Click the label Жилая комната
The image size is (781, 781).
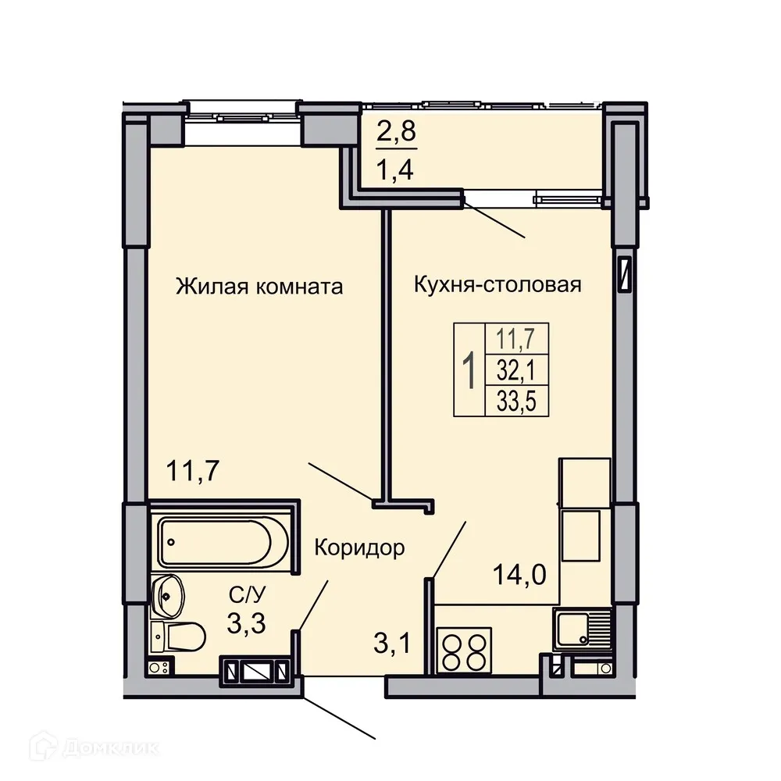click(259, 286)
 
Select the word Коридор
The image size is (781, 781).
click(359, 548)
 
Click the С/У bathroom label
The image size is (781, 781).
click(243, 597)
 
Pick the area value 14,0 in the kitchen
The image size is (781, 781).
click(519, 576)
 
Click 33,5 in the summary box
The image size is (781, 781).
click(518, 401)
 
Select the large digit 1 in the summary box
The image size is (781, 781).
click(469, 371)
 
